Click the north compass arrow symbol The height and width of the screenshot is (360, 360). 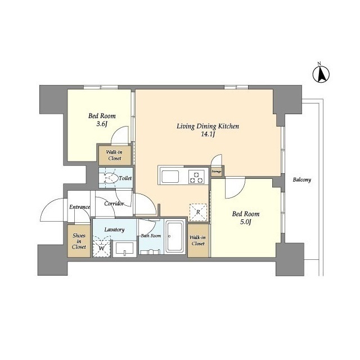tap(321, 74)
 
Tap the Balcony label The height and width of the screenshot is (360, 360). tap(301, 180)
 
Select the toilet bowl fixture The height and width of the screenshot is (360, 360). tap(110, 178)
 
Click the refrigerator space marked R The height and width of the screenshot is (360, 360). tap(198, 213)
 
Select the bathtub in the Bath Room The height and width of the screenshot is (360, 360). tap(175, 237)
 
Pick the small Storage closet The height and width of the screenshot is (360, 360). tap(217, 171)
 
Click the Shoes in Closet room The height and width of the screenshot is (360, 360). tap(79, 241)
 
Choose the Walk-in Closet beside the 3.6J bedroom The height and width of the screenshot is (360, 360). tap(115, 155)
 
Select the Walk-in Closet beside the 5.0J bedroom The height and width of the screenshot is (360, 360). tap(198, 240)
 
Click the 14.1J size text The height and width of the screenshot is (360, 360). tap(208, 134)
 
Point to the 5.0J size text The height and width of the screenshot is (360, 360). tap(246, 222)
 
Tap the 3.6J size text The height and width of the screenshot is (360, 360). tap(102, 124)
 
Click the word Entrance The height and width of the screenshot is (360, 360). tap(80, 207)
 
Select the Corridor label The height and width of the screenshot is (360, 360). tap(114, 204)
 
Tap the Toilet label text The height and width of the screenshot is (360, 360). tap(125, 178)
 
